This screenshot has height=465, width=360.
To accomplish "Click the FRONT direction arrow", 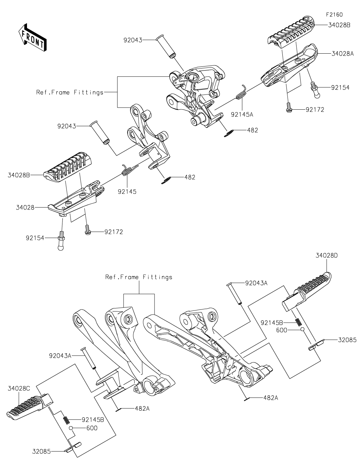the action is point(32,38).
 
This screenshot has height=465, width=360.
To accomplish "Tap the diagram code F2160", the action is point(334,15).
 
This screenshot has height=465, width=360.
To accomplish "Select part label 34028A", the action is point(343,54).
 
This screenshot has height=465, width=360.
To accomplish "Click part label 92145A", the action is point(242,115).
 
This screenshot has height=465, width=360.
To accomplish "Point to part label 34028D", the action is point(327,255).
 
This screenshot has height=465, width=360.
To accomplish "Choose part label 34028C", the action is point(19,389).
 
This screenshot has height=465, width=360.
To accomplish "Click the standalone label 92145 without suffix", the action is point(127,192).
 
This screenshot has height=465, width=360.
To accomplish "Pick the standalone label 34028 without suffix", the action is point(25,208).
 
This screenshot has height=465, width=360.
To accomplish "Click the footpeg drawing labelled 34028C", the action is point(29,407).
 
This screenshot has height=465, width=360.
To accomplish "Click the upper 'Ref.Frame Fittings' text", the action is point(70,92).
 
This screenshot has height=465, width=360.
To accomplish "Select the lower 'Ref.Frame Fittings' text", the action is point(139,277).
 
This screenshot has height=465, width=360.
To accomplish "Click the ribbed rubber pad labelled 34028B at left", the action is point(69,165).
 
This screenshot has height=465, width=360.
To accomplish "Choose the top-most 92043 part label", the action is point(133,40).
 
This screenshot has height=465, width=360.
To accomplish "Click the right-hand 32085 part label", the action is point(347,340).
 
